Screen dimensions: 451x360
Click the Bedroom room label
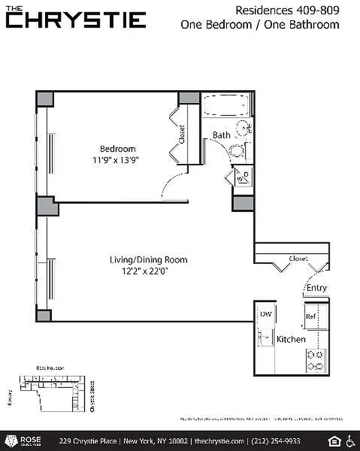point(118,149)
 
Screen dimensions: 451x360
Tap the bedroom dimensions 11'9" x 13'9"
point(116,160)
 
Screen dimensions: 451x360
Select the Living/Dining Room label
point(148,260)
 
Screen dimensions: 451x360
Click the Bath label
point(221,135)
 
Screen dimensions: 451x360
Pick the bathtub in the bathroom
point(226,105)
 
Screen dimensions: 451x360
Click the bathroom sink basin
point(243,127)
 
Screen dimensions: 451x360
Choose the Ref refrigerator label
point(310,316)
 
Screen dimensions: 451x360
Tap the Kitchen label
point(291,339)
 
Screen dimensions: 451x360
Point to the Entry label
point(316,288)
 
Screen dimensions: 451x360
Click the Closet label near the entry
point(298,259)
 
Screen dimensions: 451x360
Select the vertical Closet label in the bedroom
point(181,134)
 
